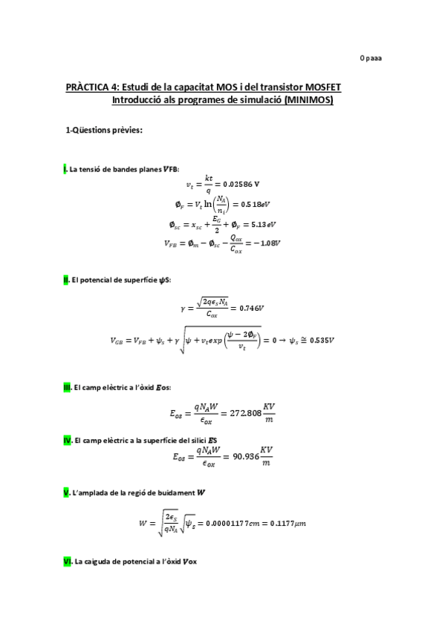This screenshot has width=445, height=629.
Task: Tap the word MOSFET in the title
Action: coord(319,88)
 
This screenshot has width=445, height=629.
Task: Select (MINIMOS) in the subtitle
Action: coord(308,99)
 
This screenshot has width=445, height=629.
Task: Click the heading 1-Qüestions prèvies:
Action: coord(104,130)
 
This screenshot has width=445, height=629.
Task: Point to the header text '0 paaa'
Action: coord(371,57)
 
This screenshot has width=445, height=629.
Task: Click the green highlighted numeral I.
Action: coord(65,170)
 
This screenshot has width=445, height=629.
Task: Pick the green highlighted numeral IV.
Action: coord(67,441)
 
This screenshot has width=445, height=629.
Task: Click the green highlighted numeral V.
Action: coord(65,493)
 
